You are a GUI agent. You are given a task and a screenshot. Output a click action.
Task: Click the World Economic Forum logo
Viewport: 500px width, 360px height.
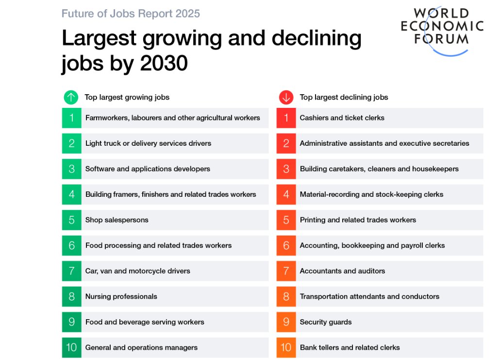[x=442, y=31]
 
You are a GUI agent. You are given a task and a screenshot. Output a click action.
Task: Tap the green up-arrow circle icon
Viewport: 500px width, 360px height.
[x=71, y=97]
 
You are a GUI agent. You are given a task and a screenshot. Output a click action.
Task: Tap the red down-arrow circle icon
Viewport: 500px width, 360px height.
[x=286, y=97]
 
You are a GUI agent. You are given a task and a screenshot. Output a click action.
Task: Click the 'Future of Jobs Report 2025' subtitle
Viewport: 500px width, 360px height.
[x=131, y=14]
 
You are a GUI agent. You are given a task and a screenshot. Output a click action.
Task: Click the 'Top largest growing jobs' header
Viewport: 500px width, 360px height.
[x=127, y=97]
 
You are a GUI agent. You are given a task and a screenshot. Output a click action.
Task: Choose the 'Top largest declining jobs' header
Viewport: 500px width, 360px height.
[x=344, y=97]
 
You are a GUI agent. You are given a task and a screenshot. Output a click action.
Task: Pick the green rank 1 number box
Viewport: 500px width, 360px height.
[x=71, y=118]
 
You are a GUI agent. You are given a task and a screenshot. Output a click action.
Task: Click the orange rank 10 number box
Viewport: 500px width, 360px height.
[x=286, y=347]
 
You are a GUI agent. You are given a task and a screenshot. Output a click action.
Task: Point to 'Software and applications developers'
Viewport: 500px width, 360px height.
[x=148, y=169]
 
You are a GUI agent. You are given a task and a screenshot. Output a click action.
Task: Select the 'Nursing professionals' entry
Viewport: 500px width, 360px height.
[x=121, y=296]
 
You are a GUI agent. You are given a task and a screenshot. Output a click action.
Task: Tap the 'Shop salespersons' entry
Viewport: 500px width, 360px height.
[x=117, y=220]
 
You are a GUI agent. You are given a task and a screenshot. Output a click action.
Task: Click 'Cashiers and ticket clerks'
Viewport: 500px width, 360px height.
[x=342, y=118]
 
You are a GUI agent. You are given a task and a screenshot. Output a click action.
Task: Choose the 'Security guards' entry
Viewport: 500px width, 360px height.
[x=326, y=322]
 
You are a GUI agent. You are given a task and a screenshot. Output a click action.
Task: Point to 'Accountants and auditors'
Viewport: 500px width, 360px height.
[x=342, y=271]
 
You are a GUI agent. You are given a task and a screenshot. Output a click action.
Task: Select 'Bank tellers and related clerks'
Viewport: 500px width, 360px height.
[x=350, y=347]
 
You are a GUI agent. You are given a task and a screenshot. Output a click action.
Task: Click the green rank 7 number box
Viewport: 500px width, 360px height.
[x=71, y=271]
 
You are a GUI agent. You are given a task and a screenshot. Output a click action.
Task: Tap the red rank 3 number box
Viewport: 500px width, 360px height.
[x=286, y=169]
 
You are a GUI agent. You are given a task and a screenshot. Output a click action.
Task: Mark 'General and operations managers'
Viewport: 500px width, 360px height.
[x=141, y=347]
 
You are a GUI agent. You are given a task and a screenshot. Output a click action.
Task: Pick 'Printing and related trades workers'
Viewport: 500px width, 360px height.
[x=358, y=220]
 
